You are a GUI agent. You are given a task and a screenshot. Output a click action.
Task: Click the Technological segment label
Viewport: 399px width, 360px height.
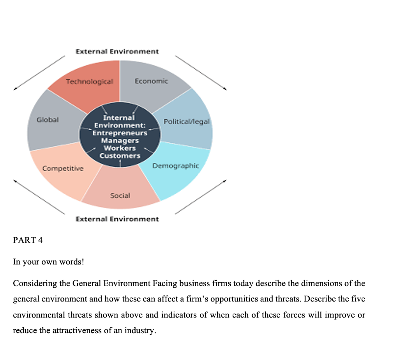click(89, 82)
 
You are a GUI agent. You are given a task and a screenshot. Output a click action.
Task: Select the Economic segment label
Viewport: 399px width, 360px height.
click(152, 81)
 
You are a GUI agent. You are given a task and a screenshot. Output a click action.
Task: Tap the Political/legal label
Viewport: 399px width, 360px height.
click(187, 121)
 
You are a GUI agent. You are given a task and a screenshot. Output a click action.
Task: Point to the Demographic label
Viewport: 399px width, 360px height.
click(175, 166)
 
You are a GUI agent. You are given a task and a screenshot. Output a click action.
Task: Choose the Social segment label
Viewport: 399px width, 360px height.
click(120, 195)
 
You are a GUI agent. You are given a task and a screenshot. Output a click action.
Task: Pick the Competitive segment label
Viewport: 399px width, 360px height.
click(63, 168)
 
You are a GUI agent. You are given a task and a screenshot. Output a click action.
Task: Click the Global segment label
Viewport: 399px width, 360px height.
click(48, 120)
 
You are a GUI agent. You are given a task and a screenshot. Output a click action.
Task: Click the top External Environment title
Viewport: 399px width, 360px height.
click(117, 51)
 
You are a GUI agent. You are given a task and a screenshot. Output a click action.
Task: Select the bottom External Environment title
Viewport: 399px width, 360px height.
click(117, 219)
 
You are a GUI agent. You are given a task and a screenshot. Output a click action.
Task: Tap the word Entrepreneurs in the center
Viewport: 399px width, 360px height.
click(120, 133)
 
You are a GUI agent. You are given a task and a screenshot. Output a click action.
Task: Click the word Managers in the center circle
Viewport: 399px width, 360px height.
click(120, 140)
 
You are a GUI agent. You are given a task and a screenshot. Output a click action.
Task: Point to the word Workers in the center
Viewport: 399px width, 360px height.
click(120, 148)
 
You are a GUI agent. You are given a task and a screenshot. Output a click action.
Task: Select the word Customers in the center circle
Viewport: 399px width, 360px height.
click(120, 156)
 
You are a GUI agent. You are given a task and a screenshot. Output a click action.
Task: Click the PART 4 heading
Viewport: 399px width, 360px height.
click(28, 240)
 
